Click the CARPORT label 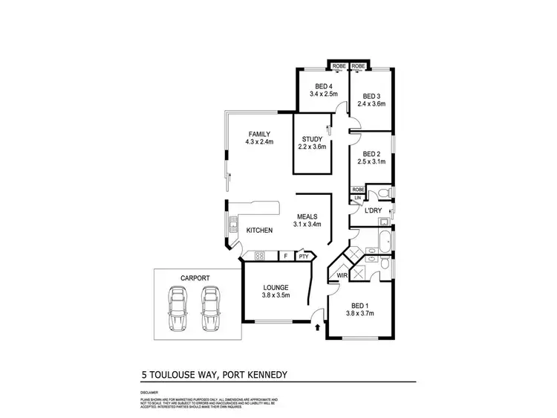click(194, 277)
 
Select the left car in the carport click(178, 309)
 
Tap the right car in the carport click(211, 309)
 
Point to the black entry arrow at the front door click(318, 326)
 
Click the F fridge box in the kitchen click(285, 257)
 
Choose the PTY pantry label click(303, 257)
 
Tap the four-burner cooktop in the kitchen click(260, 257)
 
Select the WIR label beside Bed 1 click(342, 275)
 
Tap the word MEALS click(306, 216)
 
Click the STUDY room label click(310, 139)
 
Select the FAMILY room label click(258, 134)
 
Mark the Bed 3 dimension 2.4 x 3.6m click(372, 104)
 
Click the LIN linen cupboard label click(357, 198)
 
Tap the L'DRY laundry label click(372, 210)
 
